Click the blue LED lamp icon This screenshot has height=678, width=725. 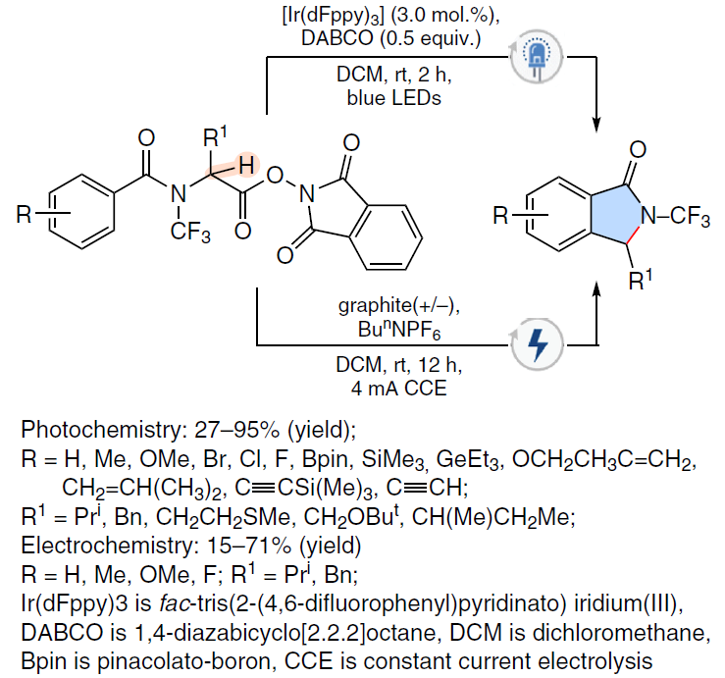(x=537, y=57)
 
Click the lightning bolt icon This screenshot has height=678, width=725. (x=538, y=344)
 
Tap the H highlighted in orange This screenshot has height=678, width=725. (x=246, y=165)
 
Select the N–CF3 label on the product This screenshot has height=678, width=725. (x=675, y=216)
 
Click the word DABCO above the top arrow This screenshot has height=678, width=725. (x=337, y=38)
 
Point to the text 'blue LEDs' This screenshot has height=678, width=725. (x=394, y=98)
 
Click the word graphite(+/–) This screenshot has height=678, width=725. (x=399, y=306)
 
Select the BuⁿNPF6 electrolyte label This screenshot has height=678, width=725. (x=399, y=331)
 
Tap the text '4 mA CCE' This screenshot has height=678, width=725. (x=398, y=388)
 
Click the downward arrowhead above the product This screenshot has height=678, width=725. (x=596, y=125)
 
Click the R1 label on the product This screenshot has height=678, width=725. (x=641, y=280)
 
